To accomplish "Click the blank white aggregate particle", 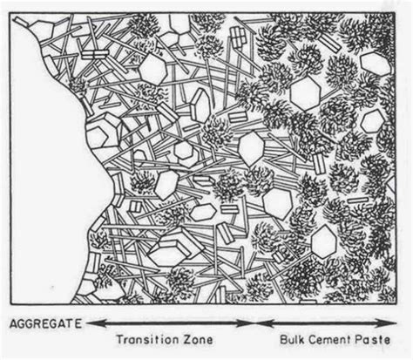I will pos(44,157).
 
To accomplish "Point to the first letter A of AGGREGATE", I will pos(13,324).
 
